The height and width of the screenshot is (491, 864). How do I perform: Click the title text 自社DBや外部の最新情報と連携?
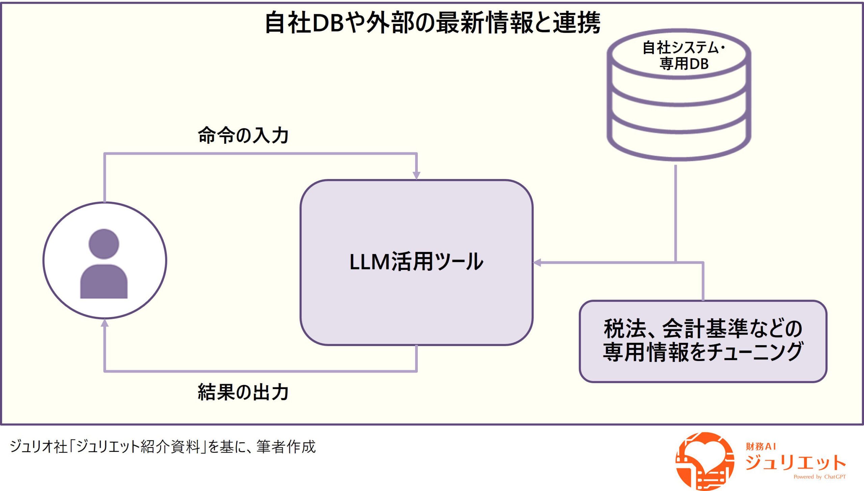[432, 23]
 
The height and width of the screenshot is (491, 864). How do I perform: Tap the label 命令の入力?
[243, 135]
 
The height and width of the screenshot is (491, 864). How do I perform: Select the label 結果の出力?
[243, 392]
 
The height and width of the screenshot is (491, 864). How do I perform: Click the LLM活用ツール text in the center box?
[416, 262]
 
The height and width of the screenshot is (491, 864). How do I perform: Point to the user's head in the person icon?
[104, 244]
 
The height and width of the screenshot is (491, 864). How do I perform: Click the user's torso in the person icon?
[104, 282]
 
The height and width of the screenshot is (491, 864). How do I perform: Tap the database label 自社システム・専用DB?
[683, 56]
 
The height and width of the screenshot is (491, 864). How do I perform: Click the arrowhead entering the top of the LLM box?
[416, 175]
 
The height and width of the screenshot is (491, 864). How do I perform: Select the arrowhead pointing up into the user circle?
[105, 324]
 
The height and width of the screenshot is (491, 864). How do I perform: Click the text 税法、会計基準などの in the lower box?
[703, 329]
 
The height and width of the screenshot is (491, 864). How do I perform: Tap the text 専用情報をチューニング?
[703, 352]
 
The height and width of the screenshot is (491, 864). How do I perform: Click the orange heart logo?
[705, 461]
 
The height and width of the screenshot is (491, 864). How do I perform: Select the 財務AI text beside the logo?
[761, 446]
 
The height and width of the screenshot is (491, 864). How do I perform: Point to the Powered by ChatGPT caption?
[819, 477]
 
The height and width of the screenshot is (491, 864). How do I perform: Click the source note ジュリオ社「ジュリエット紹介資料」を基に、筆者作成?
[163, 446]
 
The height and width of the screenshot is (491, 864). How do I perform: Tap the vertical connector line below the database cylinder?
[675, 213]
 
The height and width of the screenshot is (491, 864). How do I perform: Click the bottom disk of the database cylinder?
[679, 142]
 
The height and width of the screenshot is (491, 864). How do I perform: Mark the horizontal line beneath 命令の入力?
[260, 154]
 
